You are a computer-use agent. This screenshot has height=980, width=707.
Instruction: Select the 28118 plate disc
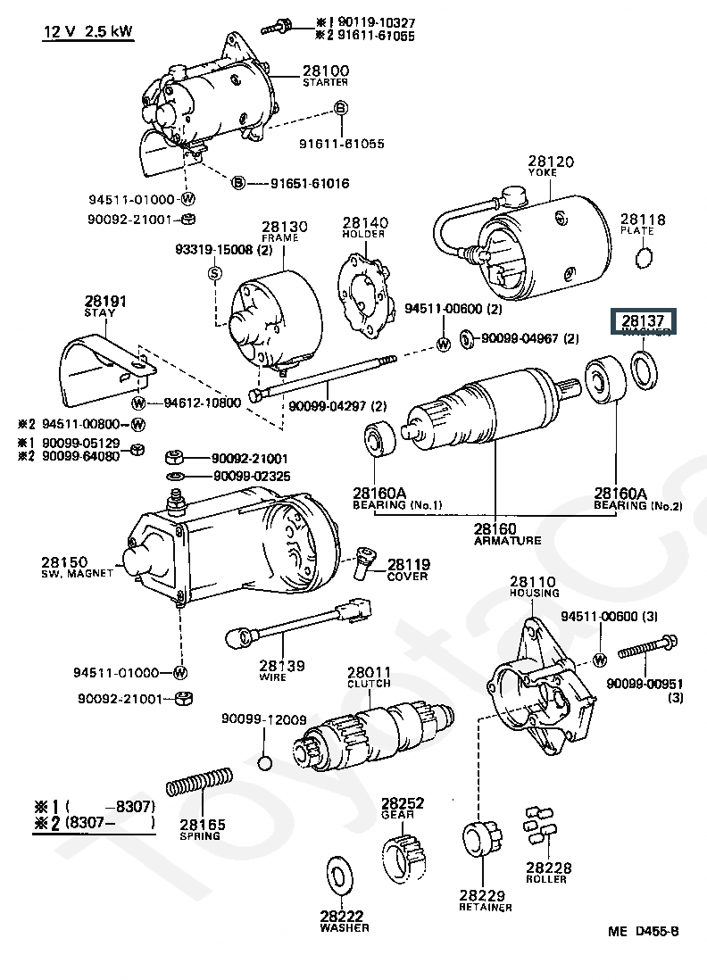(641, 259)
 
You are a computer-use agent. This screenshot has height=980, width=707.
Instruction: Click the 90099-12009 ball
(263, 761)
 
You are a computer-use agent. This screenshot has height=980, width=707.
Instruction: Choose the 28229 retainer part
(481, 843)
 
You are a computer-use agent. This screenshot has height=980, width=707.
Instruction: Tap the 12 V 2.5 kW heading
(89, 33)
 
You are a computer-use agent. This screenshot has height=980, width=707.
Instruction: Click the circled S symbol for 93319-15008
(214, 272)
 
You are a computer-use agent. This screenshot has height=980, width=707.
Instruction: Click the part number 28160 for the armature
(495, 529)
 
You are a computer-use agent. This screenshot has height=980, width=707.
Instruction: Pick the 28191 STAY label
(106, 307)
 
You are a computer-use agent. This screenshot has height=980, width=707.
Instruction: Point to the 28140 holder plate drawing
(366, 289)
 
